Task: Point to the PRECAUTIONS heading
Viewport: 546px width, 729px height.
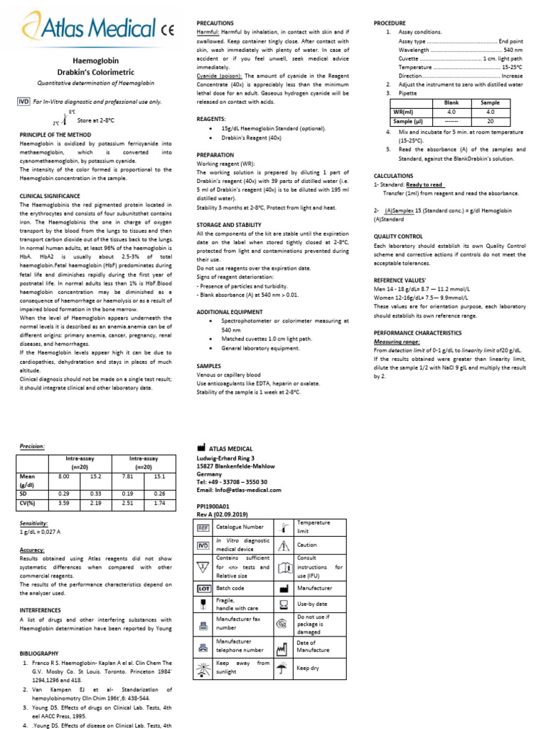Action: pyautogui.click(x=215, y=23)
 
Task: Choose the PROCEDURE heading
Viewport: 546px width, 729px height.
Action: pyautogui.click(x=390, y=23)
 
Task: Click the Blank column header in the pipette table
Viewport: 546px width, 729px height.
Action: pyautogui.click(x=451, y=103)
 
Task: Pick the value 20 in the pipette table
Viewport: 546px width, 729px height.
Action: pyautogui.click(x=490, y=121)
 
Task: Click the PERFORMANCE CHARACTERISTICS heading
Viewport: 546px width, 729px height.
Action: pyautogui.click(x=418, y=332)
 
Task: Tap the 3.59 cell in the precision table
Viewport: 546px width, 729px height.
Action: pyautogui.click(x=64, y=502)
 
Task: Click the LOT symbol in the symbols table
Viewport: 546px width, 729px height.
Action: pyautogui.click(x=204, y=589)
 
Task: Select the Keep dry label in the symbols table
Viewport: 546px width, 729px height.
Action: pyautogui.click(x=308, y=668)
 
